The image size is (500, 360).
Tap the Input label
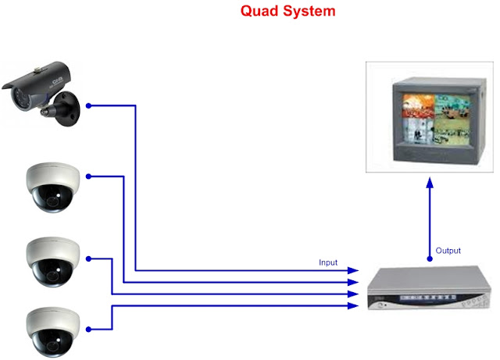[x=329, y=262]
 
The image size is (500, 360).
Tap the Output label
[x=448, y=251]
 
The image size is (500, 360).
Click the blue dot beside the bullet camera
[x=89, y=105]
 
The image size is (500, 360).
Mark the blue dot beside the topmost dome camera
[x=89, y=176]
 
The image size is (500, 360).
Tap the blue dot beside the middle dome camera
[x=89, y=257]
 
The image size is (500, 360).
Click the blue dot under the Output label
[x=429, y=258]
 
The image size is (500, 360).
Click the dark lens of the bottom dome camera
[x=52, y=337]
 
